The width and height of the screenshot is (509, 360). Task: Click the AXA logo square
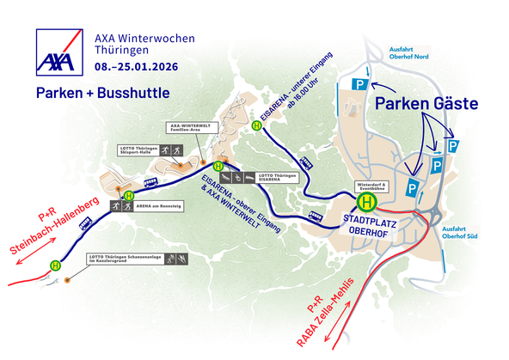click(x=58, y=51)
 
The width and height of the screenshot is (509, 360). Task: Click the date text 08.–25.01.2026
click(x=143, y=65)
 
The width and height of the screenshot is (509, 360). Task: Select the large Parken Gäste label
click(x=426, y=104)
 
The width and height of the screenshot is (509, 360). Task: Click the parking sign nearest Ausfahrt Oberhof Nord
click(x=359, y=84)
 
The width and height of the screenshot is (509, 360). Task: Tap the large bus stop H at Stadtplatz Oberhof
click(x=367, y=202)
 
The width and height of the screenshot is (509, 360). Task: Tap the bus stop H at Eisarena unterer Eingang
click(x=256, y=125)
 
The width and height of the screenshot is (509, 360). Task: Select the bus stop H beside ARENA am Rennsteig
click(x=128, y=195)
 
